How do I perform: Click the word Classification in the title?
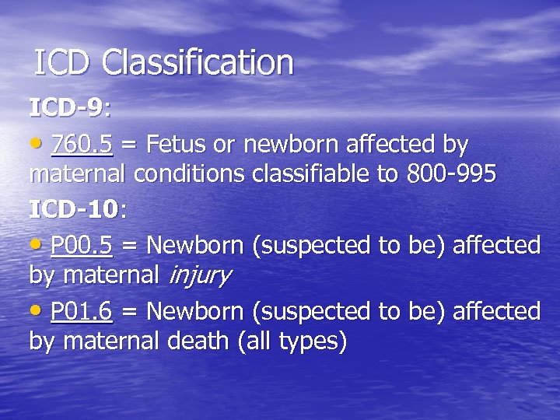click(x=198, y=63)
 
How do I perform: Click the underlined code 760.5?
click(x=82, y=145)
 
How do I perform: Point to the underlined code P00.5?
click(x=82, y=246)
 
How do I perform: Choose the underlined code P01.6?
click(x=82, y=312)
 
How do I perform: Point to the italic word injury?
click(x=198, y=275)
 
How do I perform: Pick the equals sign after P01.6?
click(x=130, y=313)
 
